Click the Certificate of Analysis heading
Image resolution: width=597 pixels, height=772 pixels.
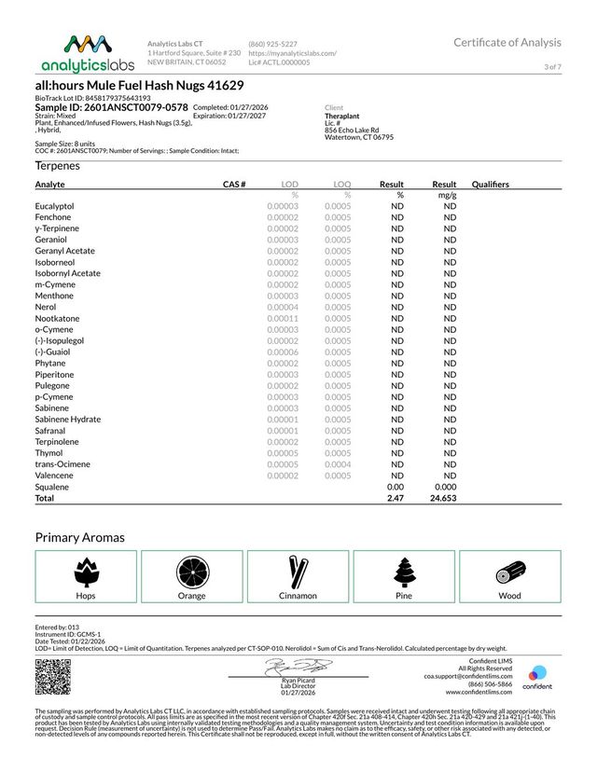click(507, 43)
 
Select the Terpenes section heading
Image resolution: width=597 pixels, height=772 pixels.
click(58, 166)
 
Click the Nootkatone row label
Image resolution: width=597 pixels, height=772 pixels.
click(57, 319)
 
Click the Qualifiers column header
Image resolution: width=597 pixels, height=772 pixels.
click(491, 185)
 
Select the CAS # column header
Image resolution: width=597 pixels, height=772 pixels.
click(234, 185)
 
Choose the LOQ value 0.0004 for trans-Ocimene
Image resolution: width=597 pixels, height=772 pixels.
click(338, 465)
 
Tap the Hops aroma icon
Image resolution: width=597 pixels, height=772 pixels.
click(85, 571)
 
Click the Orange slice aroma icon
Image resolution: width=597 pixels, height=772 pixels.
click(191, 571)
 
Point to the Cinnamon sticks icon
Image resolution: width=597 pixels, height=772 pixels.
click(298, 571)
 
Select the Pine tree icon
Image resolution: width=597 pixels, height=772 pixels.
click(404, 571)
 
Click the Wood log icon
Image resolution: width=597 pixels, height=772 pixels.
click(510, 571)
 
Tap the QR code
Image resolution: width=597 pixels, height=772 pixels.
click(52, 677)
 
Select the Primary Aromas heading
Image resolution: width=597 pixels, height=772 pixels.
click(80, 538)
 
